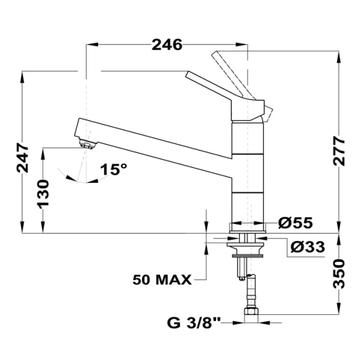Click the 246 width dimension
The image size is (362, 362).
point(167,45)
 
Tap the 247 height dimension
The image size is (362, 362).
point(23,158)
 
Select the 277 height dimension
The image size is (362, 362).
point(339,151)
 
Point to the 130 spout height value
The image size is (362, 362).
point(43,194)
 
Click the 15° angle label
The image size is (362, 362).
point(113,170)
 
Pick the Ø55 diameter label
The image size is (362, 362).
point(296,222)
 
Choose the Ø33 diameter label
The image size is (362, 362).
point(308,247)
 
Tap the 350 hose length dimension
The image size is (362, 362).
point(339,274)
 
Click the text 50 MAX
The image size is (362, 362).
point(162,280)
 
